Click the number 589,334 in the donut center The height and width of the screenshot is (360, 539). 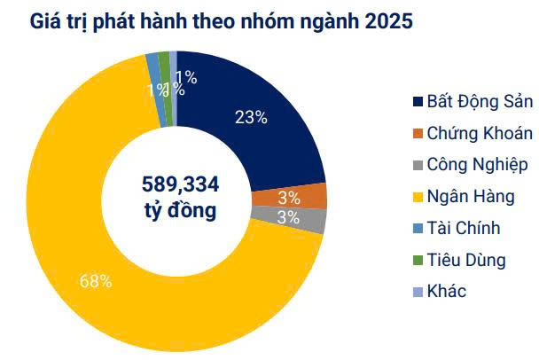(x=181, y=184)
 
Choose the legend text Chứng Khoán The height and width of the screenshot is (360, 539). (x=480, y=133)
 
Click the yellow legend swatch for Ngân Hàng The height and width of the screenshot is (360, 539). (x=417, y=197)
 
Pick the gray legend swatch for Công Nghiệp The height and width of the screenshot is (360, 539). (x=417, y=165)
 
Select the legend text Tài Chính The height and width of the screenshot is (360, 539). (x=464, y=228)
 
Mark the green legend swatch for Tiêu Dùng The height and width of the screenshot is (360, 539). (x=417, y=260)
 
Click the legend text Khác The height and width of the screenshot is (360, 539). (x=446, y=291)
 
